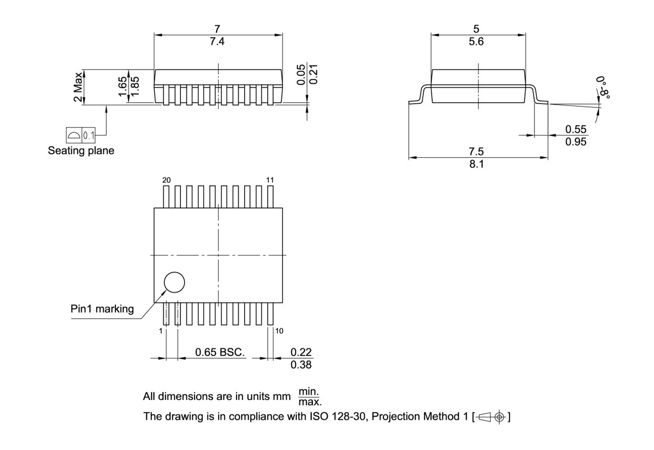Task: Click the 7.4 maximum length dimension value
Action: click(x=217, y=42)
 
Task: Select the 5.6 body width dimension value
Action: click(x=476, y=42)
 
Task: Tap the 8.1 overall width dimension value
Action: click(x=477, y=164)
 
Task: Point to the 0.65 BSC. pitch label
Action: click(x=220, y=352)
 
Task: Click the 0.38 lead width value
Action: click(x=301, y=365)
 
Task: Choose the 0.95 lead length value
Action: click(x=576, y=142)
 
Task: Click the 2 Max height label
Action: click(x=78, y=87)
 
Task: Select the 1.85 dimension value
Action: click(x=135, y=87)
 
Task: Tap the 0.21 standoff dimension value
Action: click(x=314, y=75)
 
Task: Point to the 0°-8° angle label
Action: click(x=604, y=87)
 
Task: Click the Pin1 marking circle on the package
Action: click(x=174, y=282)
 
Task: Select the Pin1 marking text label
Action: click(x=102, y=309)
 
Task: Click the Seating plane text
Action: click(x=81, y=151)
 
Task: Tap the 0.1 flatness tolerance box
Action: click(x=88, y=136)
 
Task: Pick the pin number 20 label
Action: click(x=167, y=180)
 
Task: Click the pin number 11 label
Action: click(x=270, y=180)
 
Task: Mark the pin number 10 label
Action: click(x=279, y=331)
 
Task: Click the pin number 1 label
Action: click(x=160, y=331)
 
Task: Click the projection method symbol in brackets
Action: click(x=492, y=417)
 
